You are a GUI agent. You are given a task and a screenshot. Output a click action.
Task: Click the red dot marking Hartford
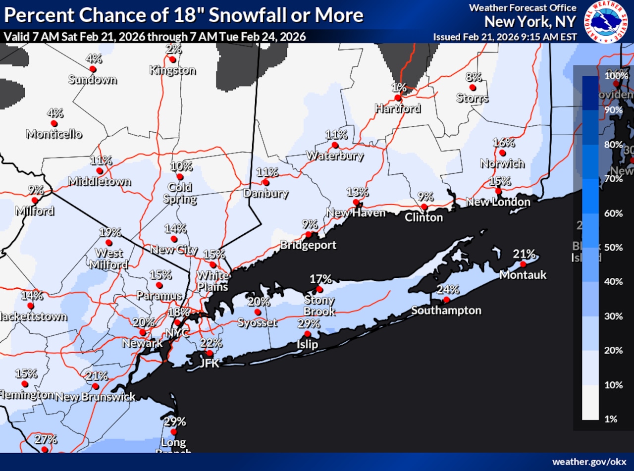click(398, 98)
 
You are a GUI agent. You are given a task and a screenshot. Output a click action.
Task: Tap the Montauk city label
click(523, 274)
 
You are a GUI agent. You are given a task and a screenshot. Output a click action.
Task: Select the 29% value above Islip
click(308, 324)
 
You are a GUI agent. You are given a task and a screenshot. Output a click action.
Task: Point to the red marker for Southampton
click(446, 300)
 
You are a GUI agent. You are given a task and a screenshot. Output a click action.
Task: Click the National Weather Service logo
click(605, 21)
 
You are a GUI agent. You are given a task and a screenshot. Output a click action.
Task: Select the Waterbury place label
click(334, 156)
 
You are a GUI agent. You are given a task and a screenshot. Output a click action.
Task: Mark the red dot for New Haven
click(356, 202)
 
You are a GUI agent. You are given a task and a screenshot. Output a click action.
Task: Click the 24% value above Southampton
click(447, 290)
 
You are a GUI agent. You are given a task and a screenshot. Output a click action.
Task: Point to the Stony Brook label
click(319, 306)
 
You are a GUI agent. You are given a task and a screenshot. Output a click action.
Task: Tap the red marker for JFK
click(210, 353)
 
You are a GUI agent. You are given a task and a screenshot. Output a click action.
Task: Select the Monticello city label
click(54, 134)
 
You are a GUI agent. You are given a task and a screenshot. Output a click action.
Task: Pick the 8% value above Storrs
click(474, 77)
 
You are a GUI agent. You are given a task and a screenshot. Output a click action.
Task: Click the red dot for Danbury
click(265, 182)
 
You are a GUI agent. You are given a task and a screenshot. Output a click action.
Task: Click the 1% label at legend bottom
click(611, 419)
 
